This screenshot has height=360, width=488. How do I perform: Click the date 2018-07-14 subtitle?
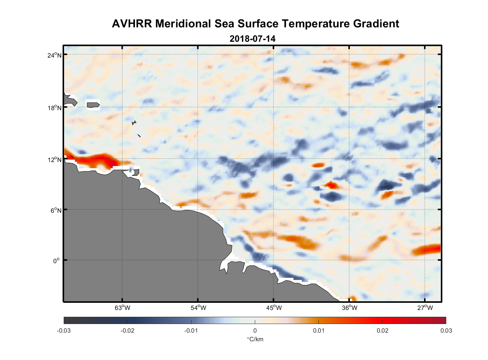click(x=252, y=39)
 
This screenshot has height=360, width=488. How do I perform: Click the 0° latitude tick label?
click(x=56, y=261)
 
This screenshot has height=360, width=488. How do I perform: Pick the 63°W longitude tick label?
click(x=122, y=308)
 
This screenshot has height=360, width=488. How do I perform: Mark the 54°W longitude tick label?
click(x=198, y=308)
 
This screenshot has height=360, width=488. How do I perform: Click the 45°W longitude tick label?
click(x=274, y=308)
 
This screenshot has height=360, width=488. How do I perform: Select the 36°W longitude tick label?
click(x=349, y=308)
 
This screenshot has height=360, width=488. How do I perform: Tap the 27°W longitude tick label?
click(x=425, y=308)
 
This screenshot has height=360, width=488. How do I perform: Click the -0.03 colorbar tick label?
click(x=64, y=330)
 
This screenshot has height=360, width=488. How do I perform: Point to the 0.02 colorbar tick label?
click(x=383, y=330)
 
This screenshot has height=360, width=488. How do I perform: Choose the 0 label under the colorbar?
click(x=255, y=330)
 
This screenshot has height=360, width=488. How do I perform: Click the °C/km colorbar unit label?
click(x=255, y=339)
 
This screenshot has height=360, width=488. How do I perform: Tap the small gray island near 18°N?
click(x=93, y=105)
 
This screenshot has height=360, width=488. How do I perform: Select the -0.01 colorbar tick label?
click(x=191, y=330)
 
